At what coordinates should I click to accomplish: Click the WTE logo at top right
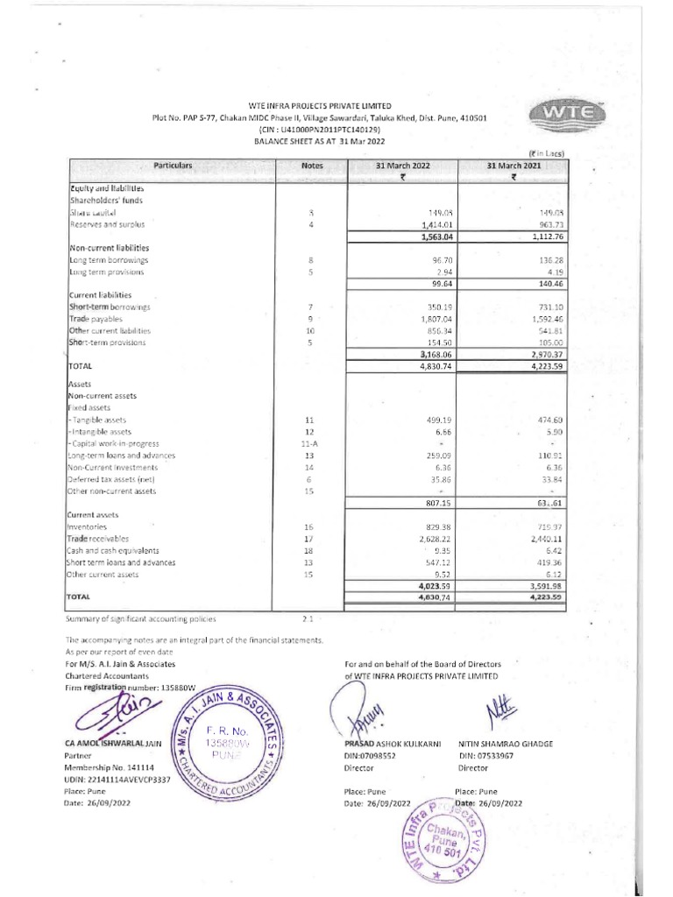560,117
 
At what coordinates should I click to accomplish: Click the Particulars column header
173,165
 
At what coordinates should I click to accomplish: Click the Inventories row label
87,527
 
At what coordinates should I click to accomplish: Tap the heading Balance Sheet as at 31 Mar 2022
319,140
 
